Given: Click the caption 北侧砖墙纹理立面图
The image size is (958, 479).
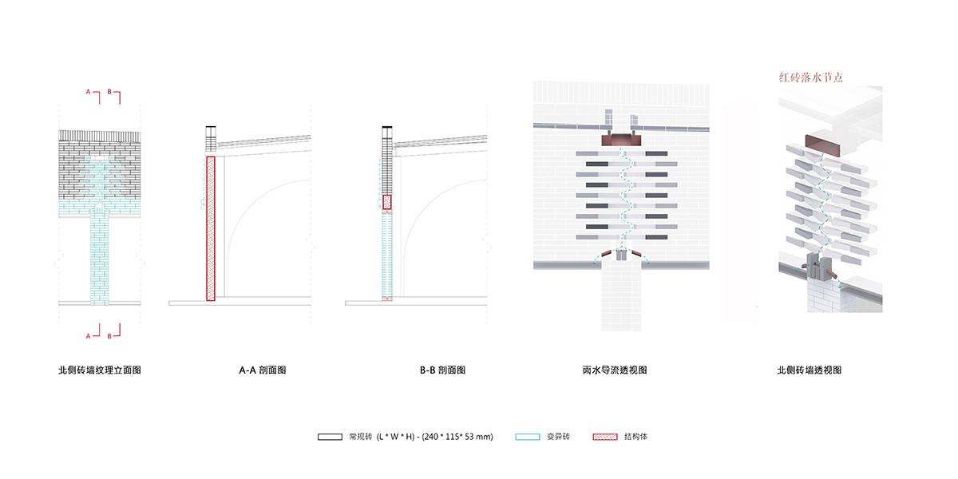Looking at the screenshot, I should pos(100,370).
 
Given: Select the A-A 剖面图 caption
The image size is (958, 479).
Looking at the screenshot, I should pos(263,370).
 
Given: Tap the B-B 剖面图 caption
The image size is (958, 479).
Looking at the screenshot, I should pos(442,370).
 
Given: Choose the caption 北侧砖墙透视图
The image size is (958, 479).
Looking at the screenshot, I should pos(810,370).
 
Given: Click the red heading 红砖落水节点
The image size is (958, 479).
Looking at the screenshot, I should pos(811,77).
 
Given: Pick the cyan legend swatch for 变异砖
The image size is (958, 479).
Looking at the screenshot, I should pos(528,437).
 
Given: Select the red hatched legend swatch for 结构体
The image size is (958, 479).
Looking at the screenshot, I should pos(605,437).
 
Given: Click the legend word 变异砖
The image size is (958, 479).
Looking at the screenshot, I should pos(559,437).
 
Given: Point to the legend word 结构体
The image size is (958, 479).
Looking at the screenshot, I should pos(637,437).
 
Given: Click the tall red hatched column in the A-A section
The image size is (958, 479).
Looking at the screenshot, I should pos(211,228).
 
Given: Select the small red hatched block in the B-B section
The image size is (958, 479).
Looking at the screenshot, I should pos(387,202).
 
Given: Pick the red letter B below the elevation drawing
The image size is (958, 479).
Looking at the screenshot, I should pos(109,335).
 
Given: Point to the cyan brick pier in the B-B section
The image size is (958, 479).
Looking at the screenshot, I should pos(386,255).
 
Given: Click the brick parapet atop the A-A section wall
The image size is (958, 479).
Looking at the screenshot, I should pos(211,140).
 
